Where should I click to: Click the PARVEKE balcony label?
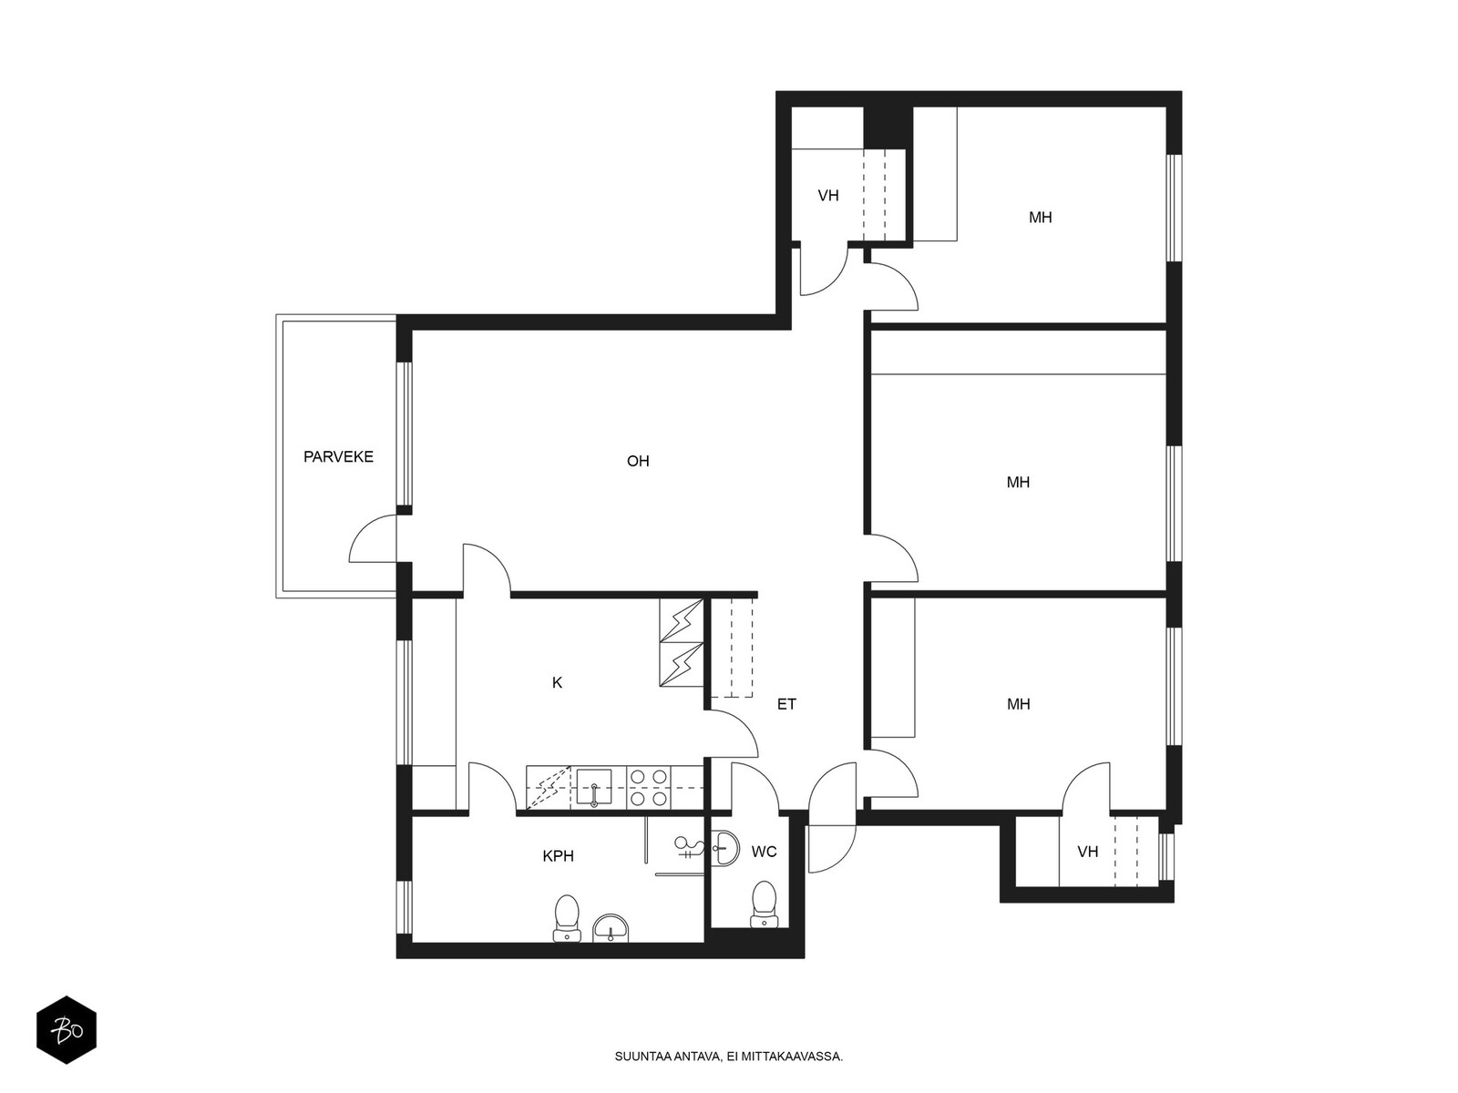point(338,456)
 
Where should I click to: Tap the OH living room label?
point(638,461)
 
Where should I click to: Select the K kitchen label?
point(558,682)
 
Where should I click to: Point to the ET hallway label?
point(786,704)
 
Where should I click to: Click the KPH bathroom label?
point(558,856)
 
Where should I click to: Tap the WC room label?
point(764,852)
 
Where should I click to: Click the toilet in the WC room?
point(764,904)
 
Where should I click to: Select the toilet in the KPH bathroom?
point(567,918)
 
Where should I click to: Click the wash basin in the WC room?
point(725,848)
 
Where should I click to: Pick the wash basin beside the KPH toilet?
point(611,928)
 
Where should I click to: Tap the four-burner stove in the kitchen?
point(648,788)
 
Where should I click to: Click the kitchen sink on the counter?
point(594,789)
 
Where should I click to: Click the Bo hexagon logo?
point(67,1029)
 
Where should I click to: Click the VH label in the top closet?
point(827,196)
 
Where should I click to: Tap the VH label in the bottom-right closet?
point(1087,852)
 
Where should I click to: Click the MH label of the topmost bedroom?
point(1041,218)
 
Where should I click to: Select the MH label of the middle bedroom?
point(1018,483)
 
